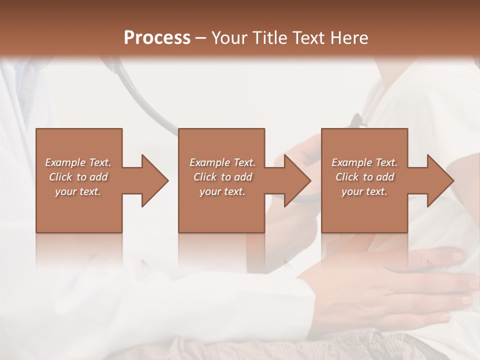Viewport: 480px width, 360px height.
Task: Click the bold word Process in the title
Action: [x=157, y=38]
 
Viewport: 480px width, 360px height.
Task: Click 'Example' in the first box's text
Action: [x=65, y=162]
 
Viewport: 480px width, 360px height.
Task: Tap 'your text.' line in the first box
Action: [x=78, y=191]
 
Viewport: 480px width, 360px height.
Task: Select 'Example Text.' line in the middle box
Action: [x=222, y=162]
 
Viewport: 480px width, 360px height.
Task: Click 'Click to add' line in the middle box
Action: [x=222, y=177]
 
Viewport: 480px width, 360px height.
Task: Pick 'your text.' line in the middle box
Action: [x=222, y=191]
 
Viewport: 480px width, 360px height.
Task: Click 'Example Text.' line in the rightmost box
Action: [x=364, y=162]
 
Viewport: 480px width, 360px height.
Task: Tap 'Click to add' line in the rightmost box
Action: [x=364, y=177]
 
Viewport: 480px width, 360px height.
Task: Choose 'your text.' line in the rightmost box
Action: [x=364, y=191]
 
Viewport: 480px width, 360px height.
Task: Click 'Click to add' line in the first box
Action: [x=78, y=177]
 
